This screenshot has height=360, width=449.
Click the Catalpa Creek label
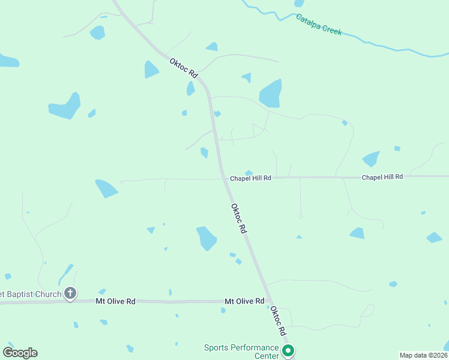click(319, 25)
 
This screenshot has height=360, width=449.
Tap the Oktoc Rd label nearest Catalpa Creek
click(184, 67)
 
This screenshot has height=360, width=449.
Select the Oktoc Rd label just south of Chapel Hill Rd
click(239, 218)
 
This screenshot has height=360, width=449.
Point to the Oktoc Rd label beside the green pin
click(277, 321)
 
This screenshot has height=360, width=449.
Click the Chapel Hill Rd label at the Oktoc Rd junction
click(250, 178)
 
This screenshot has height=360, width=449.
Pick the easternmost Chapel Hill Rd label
click(382, 177)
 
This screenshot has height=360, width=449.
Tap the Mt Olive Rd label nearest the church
click(115, 301)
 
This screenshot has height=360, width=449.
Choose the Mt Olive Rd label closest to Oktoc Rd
click(244, 301)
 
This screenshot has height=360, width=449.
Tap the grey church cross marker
click(70, 293)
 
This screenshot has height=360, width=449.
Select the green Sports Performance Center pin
click(288, 350)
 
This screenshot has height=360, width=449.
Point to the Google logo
click(20, 353)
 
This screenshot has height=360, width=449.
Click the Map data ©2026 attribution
click(423, 355)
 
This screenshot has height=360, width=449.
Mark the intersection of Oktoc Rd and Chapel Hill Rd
click(223, 178)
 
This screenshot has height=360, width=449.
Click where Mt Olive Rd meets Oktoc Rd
click(271, 302)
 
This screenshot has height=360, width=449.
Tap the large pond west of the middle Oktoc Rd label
click(206, 238)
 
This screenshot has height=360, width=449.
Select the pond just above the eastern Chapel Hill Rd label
click(371, 159)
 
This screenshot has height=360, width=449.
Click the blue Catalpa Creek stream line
click(384, 46)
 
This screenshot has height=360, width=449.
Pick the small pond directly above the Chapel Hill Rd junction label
click(249, 173)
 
